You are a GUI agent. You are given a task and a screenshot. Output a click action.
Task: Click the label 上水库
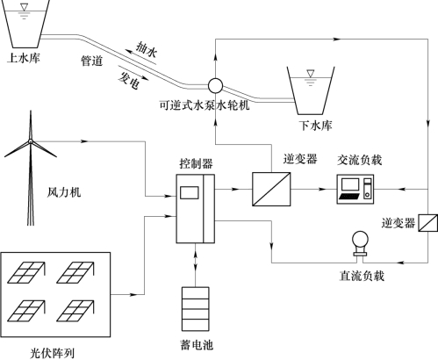[x=24, y=58]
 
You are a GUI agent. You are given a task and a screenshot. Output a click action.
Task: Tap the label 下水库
[x=315, y=126]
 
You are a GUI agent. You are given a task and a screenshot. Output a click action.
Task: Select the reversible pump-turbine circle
[x=215, y=86]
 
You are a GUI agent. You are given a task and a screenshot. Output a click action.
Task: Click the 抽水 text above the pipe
[x=147, y=49]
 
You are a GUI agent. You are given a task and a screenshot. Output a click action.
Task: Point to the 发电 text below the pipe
[x=129, y=80]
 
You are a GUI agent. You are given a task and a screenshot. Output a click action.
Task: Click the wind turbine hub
[x=31, y=141]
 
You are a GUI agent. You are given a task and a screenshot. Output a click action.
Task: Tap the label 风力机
[x=64, y=192]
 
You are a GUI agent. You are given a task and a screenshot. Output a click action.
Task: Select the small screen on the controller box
[x=190, y=192]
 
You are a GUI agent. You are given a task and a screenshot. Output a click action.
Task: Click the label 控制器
[x=196, y=163]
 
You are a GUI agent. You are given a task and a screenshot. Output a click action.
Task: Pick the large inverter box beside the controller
[x=271, y=189]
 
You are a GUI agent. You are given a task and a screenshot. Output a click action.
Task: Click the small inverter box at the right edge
[x=427, y=223]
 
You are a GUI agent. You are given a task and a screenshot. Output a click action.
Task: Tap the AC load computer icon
[x=355, y=189]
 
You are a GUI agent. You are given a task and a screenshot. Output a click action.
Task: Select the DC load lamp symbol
[x=360, y=243]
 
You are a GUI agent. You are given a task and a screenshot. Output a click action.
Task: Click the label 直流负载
[x=362, y=276]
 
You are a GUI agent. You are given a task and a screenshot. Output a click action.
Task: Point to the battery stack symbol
[x=196, y=309]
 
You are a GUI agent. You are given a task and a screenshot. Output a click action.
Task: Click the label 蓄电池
[x=197, y=345]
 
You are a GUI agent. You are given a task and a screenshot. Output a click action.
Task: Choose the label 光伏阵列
[x=53, y=353]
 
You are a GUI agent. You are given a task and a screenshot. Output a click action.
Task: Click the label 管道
[x=92, y=61]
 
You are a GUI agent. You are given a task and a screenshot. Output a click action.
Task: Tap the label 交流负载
[x=360, y=160]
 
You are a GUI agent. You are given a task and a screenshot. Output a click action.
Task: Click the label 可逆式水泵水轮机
[x=205, y=104]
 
